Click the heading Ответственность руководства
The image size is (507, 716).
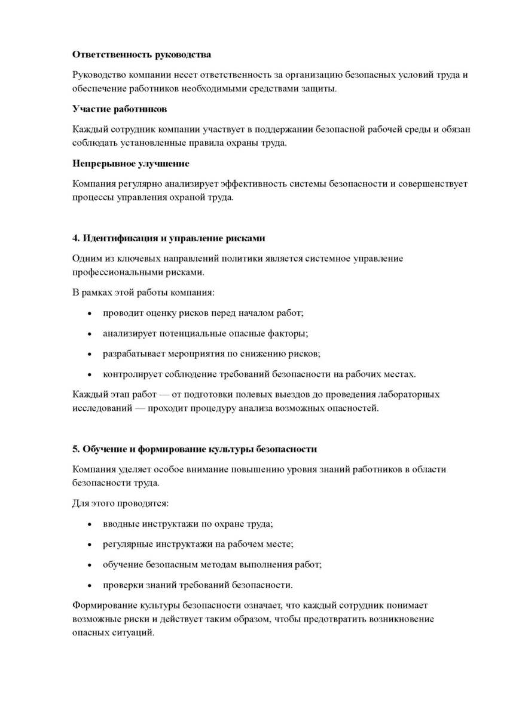click(142, 55)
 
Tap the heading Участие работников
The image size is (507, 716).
click(120, 110)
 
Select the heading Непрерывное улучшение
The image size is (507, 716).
click(131, 164)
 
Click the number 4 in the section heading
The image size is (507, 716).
click(76, 238)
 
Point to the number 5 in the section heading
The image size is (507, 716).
click(76, 449)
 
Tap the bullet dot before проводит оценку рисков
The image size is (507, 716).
click(90, 314)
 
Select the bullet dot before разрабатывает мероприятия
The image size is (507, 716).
click(90, 354)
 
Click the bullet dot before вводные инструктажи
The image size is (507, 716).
click(90, 524)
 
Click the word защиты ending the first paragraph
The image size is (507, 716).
click(320, 89)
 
